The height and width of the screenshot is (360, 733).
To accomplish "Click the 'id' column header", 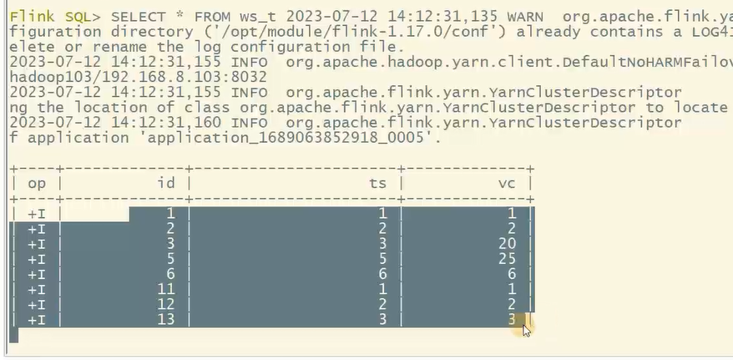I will coord(166,183).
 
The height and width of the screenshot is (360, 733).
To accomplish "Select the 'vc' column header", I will coord(507,183).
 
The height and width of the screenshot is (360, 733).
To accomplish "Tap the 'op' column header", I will coord(37,183).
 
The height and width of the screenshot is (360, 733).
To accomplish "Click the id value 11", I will coord(166,290).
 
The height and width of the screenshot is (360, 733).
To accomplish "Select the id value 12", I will coord(166,305).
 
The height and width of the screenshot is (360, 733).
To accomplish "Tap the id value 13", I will coord(166,320).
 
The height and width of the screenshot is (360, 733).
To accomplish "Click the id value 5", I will coord(170,260).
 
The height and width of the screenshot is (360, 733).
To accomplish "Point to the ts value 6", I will coord(383,275).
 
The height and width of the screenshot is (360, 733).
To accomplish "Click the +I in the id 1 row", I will coord(37,214).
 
